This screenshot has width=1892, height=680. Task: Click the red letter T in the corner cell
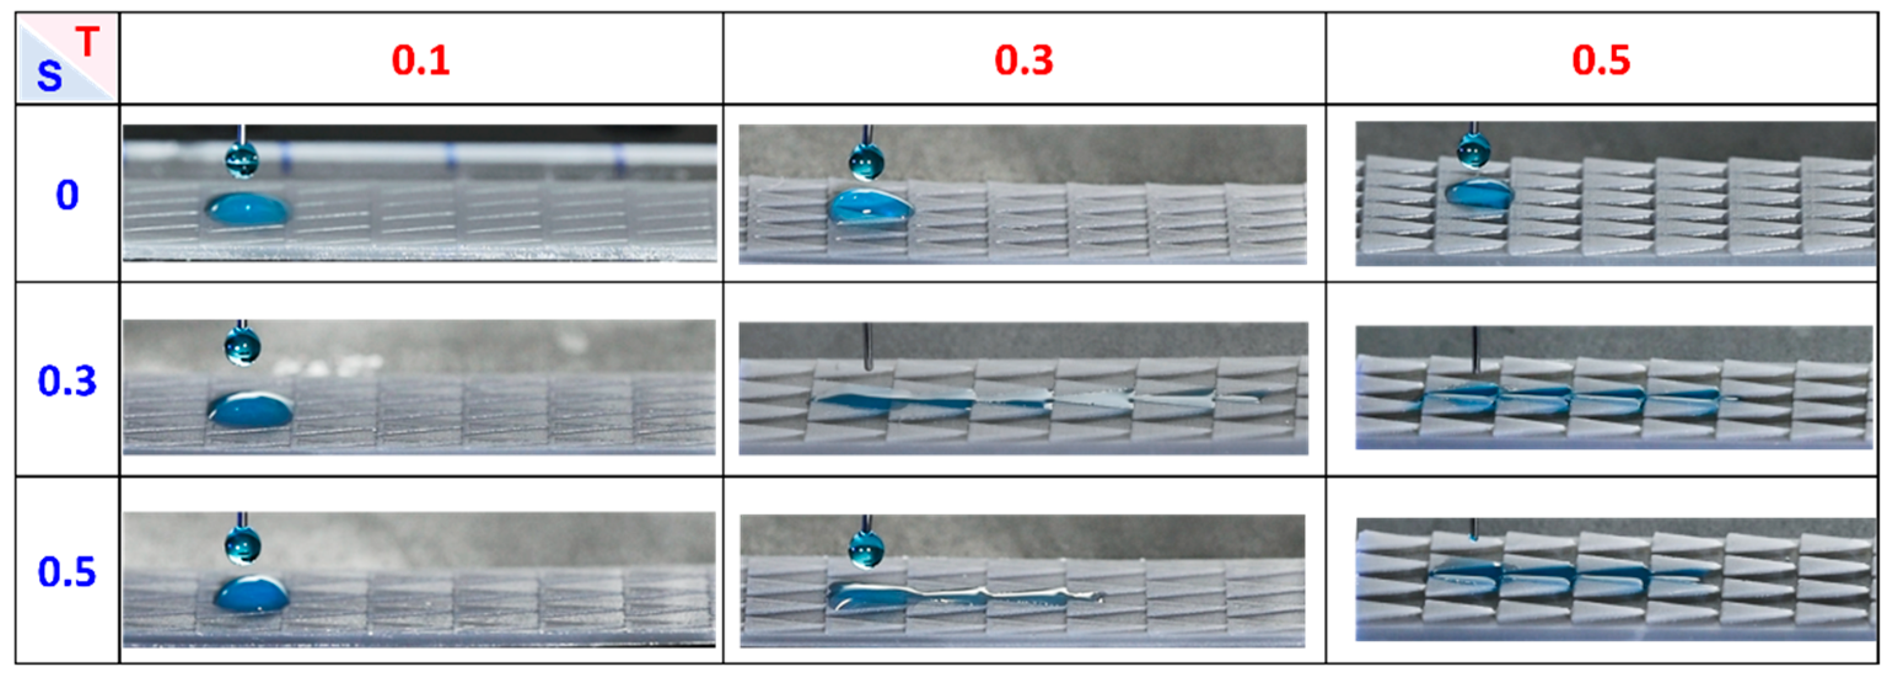click(87, 42)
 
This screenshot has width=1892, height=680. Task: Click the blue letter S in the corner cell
click(49, 76)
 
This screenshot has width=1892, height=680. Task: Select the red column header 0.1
click(420, 60)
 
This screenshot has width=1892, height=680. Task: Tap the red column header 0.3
click(1024, 60)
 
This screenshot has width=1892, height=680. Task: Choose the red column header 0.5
click(1601, 60)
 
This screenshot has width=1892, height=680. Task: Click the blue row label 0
click(67, 195)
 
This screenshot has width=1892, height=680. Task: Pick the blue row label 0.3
click(67, 381)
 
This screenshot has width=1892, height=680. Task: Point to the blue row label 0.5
click(67, 572)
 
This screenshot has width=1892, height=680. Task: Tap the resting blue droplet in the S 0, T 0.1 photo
click(248, 210)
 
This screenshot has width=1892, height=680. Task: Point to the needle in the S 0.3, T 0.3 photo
click(867, 346)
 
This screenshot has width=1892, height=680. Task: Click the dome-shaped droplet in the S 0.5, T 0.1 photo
click(251, 594)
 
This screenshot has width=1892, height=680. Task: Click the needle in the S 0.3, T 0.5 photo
click(1476, 350)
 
